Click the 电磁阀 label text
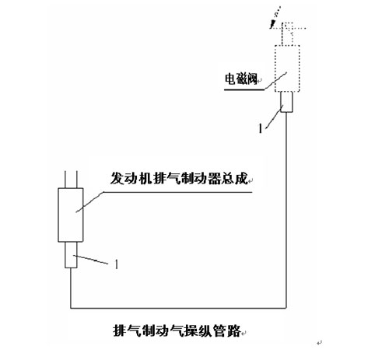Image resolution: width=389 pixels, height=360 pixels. pyautogui.click(x=241, y=79)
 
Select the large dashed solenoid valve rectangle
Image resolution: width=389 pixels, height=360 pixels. pyautogui.click(x=287, y=68)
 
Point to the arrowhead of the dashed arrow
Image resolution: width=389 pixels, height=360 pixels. pyautogui.click(x=272, y=25)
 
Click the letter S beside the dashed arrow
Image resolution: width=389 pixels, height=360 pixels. pyautogui.click(x=277, y=14)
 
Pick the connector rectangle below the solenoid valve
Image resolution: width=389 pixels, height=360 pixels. pyautogui.click(x=287, y=102)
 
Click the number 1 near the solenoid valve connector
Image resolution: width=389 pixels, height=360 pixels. pyautogui.click(x=261, y=128)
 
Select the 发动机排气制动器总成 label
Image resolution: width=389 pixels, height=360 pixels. pyautogui.click(x=179, y=178)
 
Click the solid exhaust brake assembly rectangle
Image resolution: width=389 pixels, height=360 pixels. pyautogui.click(x=71, y=215)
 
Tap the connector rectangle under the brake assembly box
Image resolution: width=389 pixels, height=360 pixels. pyautogui.click(x=71, y=255)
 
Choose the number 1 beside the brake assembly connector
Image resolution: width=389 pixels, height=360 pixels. pyautogui.click(x=117, y=264)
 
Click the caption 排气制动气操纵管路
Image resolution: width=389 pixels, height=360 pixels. pyautogui.click(x=177, y=330)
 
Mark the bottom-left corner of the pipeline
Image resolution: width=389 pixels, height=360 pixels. pyautogui.click(x=71, y=308)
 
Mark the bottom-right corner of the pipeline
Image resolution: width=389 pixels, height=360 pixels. pyautogui.click(x=286, y=308)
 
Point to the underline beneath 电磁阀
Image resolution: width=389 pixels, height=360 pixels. pyautogui.click(x=244, y=90)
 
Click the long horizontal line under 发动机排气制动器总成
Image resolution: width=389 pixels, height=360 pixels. pyautogui.click(x=178, y=192)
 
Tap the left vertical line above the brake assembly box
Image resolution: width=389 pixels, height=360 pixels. pyautogui.click(x=65, y=180)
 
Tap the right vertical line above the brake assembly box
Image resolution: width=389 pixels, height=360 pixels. pyautogui.click(x=77, y=180)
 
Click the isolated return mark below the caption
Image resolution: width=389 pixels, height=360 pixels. pyautogui.click(x=319, y=343)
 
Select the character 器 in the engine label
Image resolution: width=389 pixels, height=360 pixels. pyautogui.click(x=214, y=178)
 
